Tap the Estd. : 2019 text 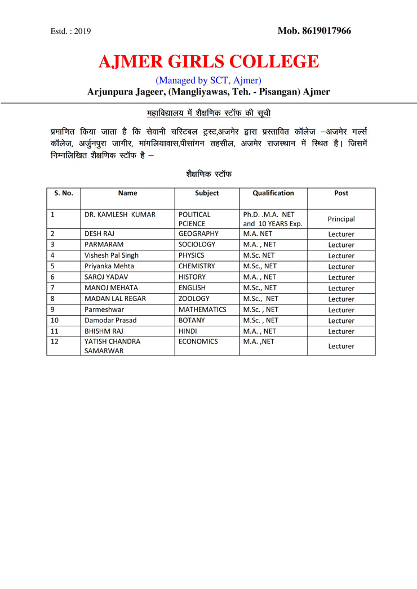[x=70, y=32]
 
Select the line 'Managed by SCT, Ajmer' [x=208, y=80]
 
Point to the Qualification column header [x=273, y=193]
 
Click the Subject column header [x=207, y=193]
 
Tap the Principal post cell [x=341, y=219]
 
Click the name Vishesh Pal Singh [x=112, y=255]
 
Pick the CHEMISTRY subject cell [x=197, y=266]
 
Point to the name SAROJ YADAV [x=107, y=277]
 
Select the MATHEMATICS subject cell [x=202, y=309]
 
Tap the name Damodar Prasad [x=110, y=320]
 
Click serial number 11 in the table [x=55, y=331]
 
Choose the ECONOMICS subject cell [x=198, y=341]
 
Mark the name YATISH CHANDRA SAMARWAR [x=113, y=346]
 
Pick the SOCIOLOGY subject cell [x=197, y=245]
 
